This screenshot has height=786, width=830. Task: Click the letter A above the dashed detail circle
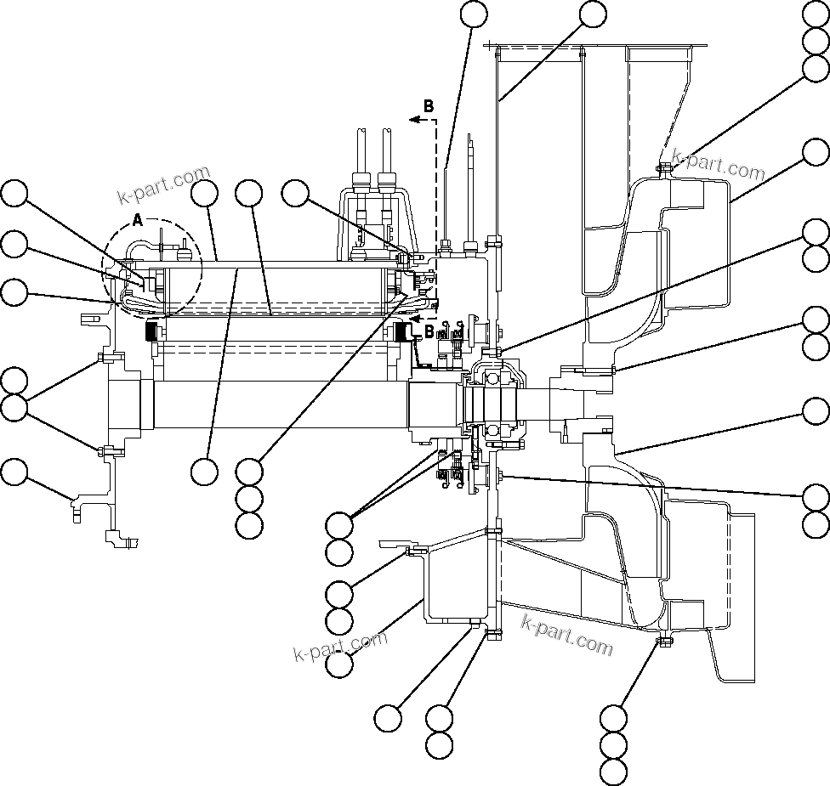pyautogui.click(x=138, y=219)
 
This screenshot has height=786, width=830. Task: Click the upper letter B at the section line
pyautogui.click(x=429, y=106)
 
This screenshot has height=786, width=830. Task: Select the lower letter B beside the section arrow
pyautogui.click(x=429, y=330)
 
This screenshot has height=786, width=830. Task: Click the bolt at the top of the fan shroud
pyautogui.click(x=664, y=167)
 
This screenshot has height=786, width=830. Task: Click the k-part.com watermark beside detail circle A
pyautogui.click(x=163, y=186)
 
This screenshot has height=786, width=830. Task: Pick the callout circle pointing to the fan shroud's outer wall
pyautogui.click(x=816, y=153)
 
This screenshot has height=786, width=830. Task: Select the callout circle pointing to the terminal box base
pyautogui.click(x=295, y=193)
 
